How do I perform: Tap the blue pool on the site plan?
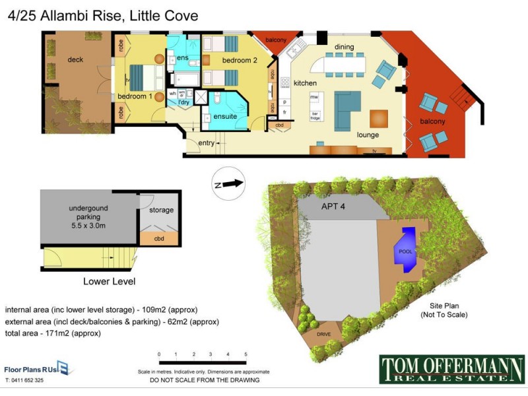pos(405,249)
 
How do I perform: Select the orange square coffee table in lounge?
pos(379,118)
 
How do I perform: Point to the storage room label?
pos(161,211)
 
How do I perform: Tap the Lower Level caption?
pos(109,281)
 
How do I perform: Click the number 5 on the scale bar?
pos(246,355)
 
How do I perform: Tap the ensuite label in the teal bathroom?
pos(225,116)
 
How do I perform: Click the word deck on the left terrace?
pos(75,59)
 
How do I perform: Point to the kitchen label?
pos(306,83)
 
